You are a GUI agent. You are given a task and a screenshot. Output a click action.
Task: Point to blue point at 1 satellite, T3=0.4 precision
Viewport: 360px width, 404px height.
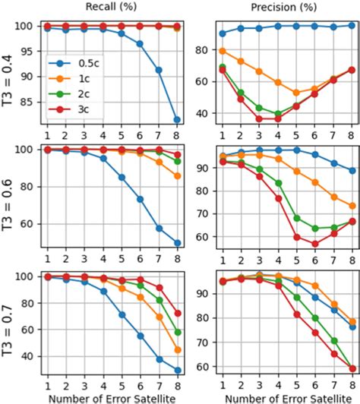pyautogui.click(x=222, y=33)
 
